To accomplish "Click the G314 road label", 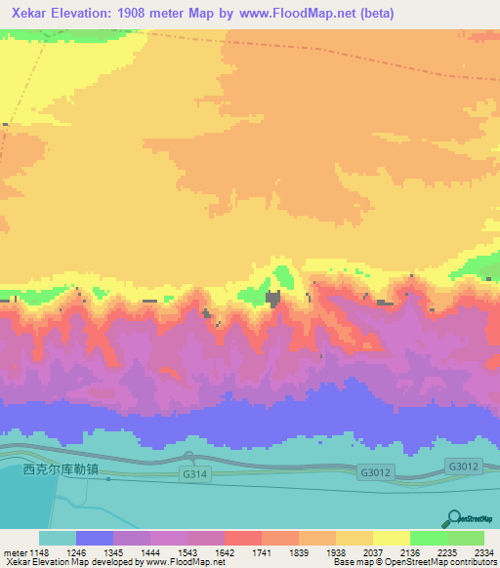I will coord(194,474).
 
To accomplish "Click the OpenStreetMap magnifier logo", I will coord(454,518).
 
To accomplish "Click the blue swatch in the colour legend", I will coord(95,538).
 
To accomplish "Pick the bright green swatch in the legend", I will coord(428,538).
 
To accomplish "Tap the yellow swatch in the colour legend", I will coord(391,538).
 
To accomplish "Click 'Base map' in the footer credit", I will coord(349,561).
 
